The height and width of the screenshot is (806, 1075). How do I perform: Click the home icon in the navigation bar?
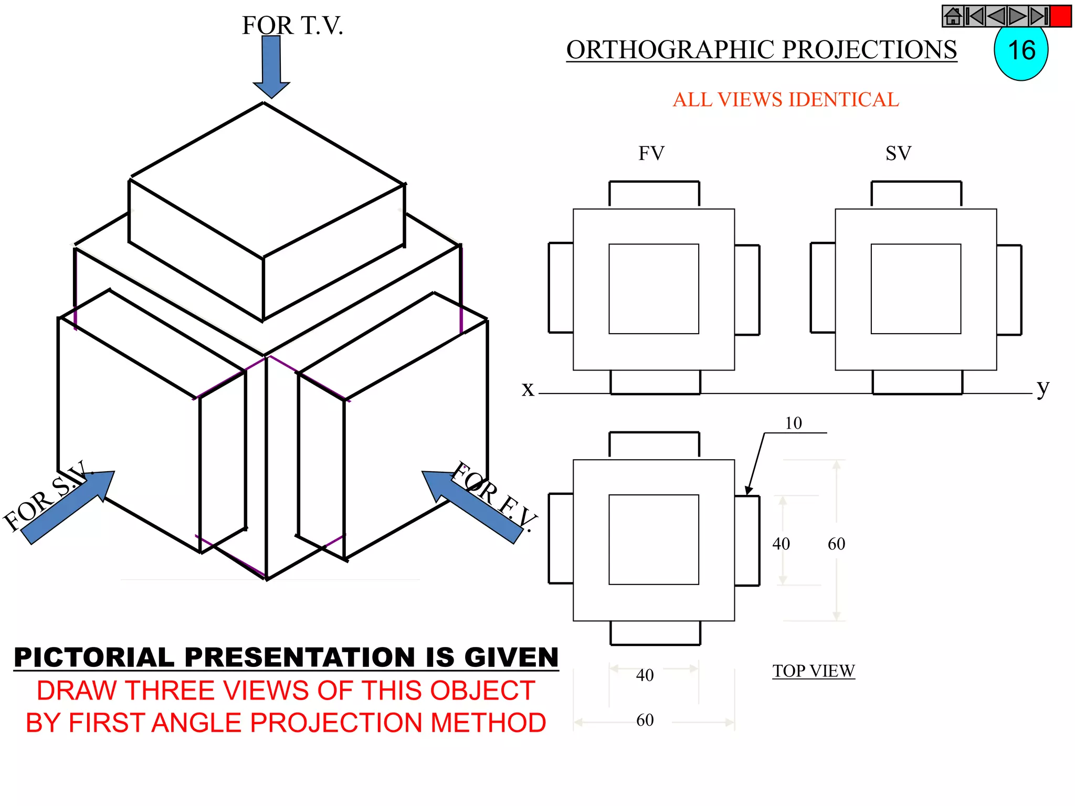click(953, 16)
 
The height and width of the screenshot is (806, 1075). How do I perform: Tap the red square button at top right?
click(1060, 16)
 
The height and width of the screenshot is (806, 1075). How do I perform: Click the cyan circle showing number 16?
click(1021, 51)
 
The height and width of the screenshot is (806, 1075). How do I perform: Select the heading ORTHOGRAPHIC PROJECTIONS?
click(761, 50)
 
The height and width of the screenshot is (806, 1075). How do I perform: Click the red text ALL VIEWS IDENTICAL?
click(785, 100)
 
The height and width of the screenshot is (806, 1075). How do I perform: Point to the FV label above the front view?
click(651, 154)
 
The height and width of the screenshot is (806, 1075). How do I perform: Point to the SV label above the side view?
click(898, 154)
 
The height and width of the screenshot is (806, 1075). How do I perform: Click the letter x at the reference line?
click(528, 389)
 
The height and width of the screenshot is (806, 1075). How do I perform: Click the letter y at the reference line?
click(1042, 388)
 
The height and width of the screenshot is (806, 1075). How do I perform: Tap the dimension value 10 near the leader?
click(793, 423)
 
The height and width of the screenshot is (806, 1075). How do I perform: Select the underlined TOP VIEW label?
click(813, 671)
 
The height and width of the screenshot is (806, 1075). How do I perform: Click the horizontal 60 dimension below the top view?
click(645, 720)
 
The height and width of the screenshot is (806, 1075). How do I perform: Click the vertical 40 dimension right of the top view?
click(781, 544)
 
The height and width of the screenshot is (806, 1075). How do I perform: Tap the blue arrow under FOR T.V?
click(271, 66)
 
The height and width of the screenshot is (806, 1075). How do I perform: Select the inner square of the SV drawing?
click(915, 289)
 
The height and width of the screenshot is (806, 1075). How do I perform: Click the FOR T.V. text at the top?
click(292, 26)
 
